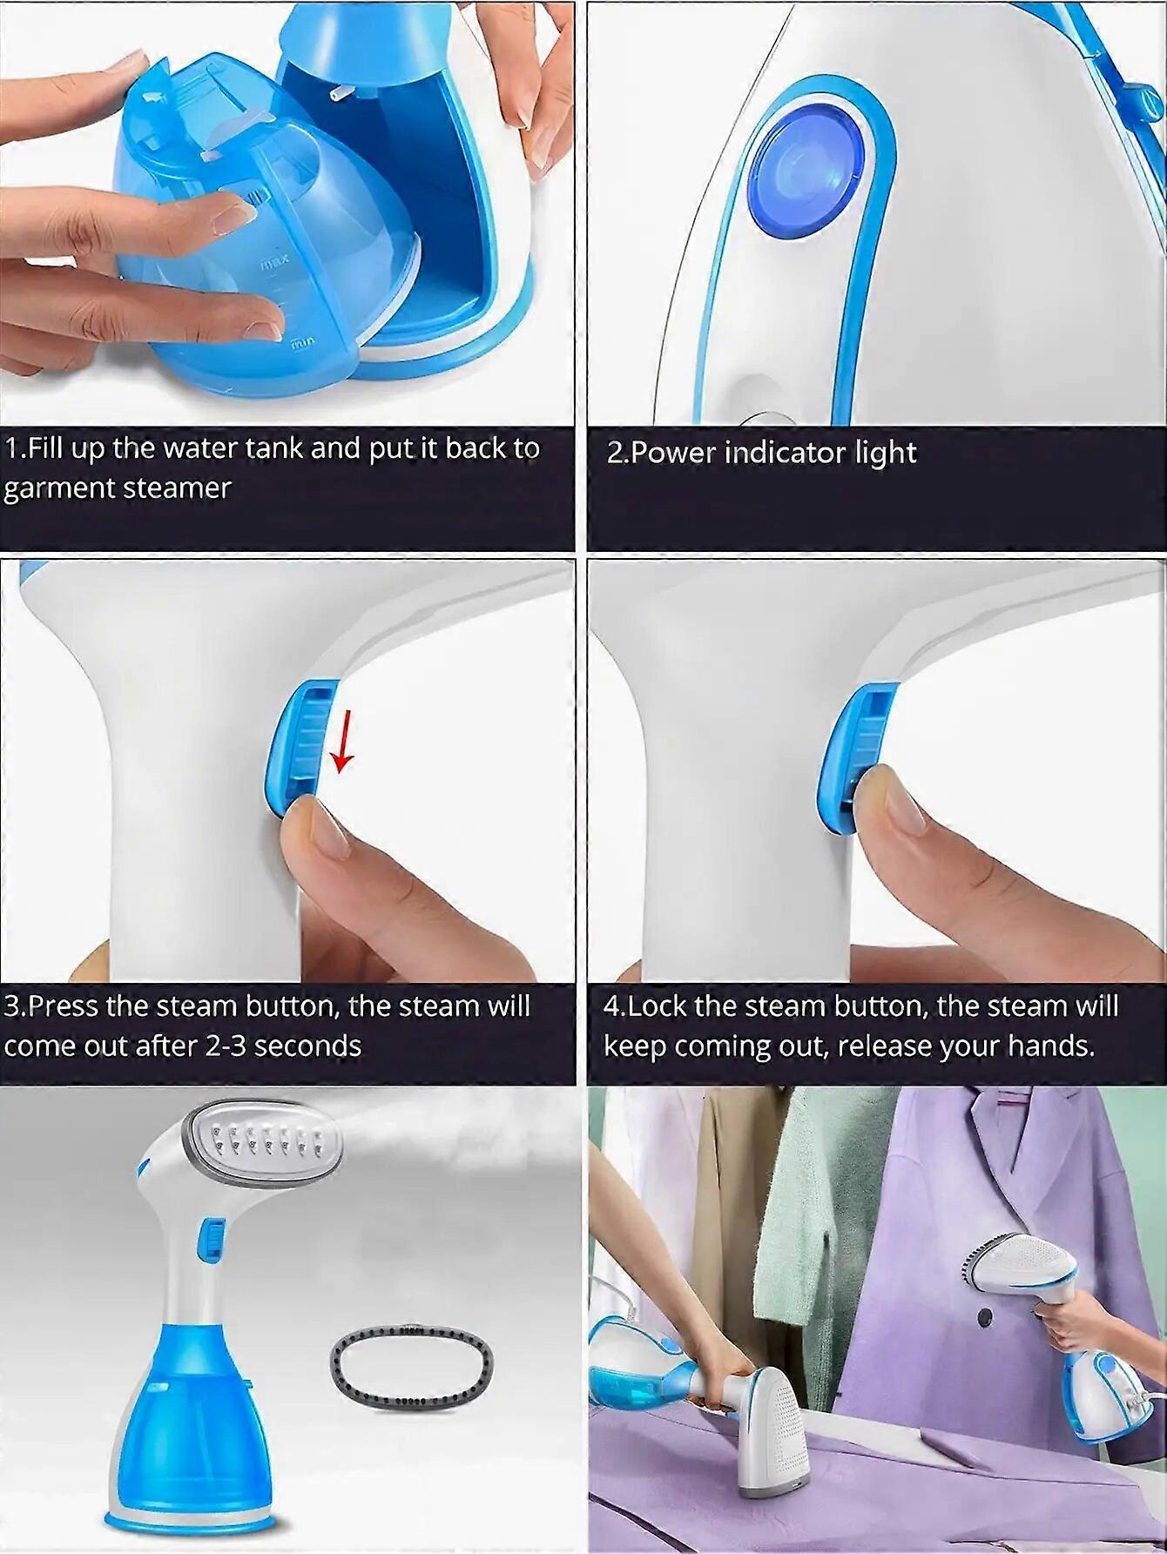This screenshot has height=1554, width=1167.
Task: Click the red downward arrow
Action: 343,741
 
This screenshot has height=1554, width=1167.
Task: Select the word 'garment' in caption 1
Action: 59,488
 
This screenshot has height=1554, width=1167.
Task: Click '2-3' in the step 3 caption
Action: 226,1045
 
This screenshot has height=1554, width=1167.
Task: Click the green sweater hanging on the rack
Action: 827,1219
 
